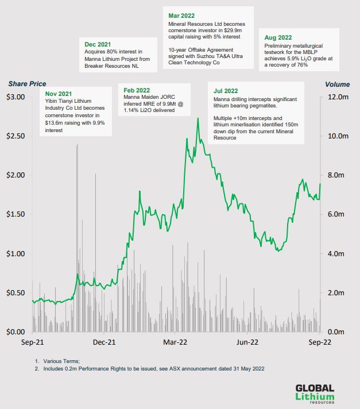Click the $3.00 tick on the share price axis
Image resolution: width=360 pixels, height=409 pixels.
coord(16,97)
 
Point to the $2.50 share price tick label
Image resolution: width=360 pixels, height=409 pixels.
coord(16,136)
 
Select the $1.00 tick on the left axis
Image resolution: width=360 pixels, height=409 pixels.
coord(16,253)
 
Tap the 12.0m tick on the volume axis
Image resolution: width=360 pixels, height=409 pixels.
coord(338,97)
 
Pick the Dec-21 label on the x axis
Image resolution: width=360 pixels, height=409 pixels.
coord(104,342)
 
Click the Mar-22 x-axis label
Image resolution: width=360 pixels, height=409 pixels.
coord(176,342)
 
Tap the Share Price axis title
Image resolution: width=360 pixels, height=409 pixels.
coord(27,84)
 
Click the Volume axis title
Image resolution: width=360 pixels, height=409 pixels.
coord(337,84)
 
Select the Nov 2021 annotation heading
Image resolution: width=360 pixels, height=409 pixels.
coord(58,93)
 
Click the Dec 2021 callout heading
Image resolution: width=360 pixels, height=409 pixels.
coord(98,44)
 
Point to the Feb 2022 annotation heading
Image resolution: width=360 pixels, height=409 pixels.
coord(137,90)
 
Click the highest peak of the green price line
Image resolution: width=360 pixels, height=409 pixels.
coord(198,118)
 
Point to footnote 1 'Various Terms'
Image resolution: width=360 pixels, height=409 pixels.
coord(63,361)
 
